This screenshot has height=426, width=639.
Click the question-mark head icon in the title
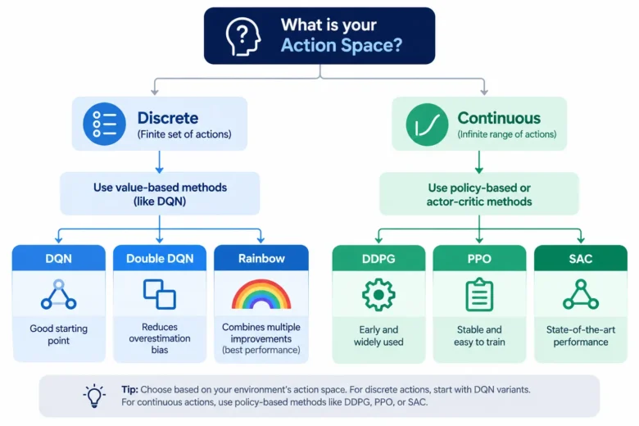click(243, 36)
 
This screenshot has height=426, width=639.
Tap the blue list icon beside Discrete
click(104, 124)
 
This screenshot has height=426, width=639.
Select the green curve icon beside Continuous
click(427, 125)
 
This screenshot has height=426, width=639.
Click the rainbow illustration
click(261, 293)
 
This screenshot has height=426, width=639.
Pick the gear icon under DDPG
click(378, 295)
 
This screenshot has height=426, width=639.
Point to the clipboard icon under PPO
click(479, 294)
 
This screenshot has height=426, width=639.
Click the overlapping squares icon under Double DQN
click(160, 294)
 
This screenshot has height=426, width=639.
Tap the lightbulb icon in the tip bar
click(94, 396)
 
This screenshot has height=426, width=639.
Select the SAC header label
click(580, 258)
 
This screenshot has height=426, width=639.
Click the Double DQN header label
click(160, 258)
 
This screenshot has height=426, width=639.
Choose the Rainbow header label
click(261, 258)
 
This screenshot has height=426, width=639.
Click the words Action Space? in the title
click(342, 45)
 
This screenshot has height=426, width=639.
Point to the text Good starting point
click(59, 334)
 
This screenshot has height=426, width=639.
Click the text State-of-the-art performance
click(581, 336)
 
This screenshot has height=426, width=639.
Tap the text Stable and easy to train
click(479, 336)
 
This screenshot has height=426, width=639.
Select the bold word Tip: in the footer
click(129, 389)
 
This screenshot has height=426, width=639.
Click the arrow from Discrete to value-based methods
click(160, 162)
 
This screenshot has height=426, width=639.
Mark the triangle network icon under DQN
click(59, 294)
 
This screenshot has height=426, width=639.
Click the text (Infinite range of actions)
click(507, 134)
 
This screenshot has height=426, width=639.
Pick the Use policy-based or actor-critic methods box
click(479, 194)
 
